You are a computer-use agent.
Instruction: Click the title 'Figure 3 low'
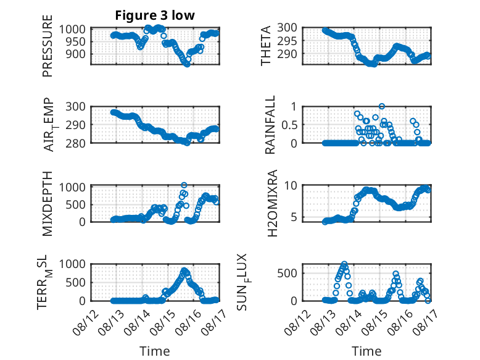tap(155, 15)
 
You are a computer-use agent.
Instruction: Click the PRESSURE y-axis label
tap(48, 46)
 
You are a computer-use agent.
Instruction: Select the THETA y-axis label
tap(266, 46)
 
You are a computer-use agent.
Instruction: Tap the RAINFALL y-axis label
tap(270, 125)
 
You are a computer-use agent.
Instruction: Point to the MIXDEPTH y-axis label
tap(48, 204)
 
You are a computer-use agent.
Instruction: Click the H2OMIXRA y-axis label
tap(272, 203)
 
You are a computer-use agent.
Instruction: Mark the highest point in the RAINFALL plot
tap(381, 106)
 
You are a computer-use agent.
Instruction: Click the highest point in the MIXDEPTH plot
tap(184, 185)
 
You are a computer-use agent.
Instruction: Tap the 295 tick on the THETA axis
tap(287, 41)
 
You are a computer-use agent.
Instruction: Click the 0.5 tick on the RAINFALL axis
tap(289, 125)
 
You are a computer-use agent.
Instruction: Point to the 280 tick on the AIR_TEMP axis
tap(75, 143)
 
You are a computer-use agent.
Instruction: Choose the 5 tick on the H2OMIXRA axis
tap(294, 217)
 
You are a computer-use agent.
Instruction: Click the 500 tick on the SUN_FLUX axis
tap(287, 274)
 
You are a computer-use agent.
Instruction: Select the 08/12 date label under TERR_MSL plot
tap(86, 322)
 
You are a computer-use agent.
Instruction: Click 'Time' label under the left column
tap(155, 351)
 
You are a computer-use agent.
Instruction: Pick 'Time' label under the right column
tap(366, 351)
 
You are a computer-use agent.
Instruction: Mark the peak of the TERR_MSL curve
tap(184, 270)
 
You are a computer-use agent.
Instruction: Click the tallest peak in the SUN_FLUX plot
tap(344, 264)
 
